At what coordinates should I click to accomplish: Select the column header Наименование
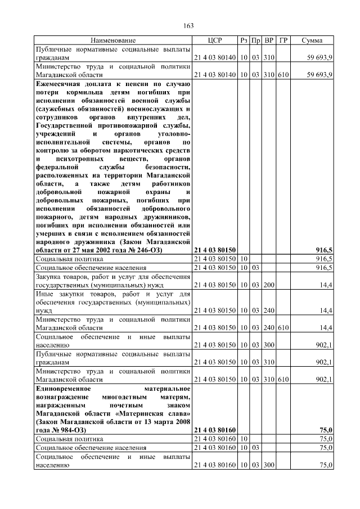pyautogui.click(x=112, y=41)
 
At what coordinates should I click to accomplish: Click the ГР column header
pyautogui.click(x=283, y=41)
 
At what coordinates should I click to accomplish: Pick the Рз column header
pyautogui.click(x=244, y=41)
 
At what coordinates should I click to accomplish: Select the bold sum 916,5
pyautogui.click(x=324, y=250)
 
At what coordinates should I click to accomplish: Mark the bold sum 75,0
pyautogui.click(x=326, y=430)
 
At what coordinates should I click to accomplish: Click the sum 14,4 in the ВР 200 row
pyautogui.click(x=326, y=286)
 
